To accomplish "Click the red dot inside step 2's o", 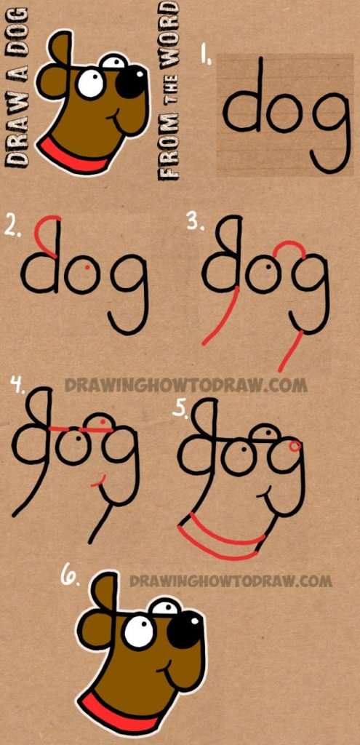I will (88, 268).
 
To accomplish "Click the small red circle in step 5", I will (294, 445).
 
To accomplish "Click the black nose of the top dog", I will (131, 81).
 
